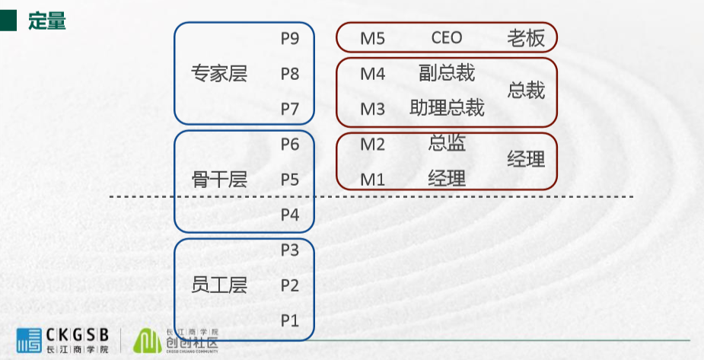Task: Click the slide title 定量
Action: click(47, 21)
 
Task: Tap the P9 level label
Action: click(290, 39)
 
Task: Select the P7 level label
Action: click(290, 109)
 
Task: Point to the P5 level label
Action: click(290, 180)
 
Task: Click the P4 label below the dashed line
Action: click(290, 215)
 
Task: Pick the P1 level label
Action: click(290, 320)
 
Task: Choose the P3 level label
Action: click(290, 250)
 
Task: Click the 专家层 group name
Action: click(219, 74)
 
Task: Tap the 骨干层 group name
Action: click(219, 180)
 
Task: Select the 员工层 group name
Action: click(219, 285)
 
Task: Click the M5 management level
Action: click(373, 39)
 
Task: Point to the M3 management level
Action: click(373, 109)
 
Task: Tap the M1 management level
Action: click(373, 180)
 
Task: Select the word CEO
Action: click(447, 38)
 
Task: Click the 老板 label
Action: click(526, 39)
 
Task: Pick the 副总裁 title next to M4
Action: click(447, 73)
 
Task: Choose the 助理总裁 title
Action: click(447, 108)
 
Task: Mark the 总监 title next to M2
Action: click(447, 143)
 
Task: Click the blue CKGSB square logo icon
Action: click(29, 341)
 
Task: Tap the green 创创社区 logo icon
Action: click(147, 341)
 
